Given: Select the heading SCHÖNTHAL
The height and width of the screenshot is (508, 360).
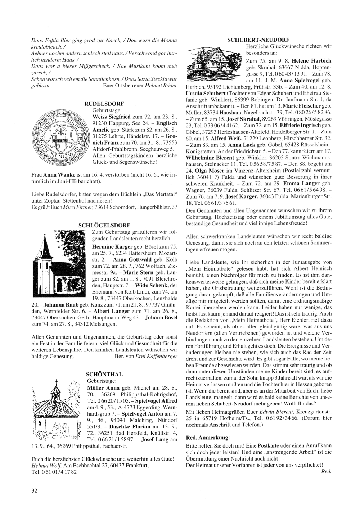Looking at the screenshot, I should point(105,374).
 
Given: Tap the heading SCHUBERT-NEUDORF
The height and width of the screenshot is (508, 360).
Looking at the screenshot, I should point(259,40).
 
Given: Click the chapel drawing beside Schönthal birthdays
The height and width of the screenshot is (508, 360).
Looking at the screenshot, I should point(58,413).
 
